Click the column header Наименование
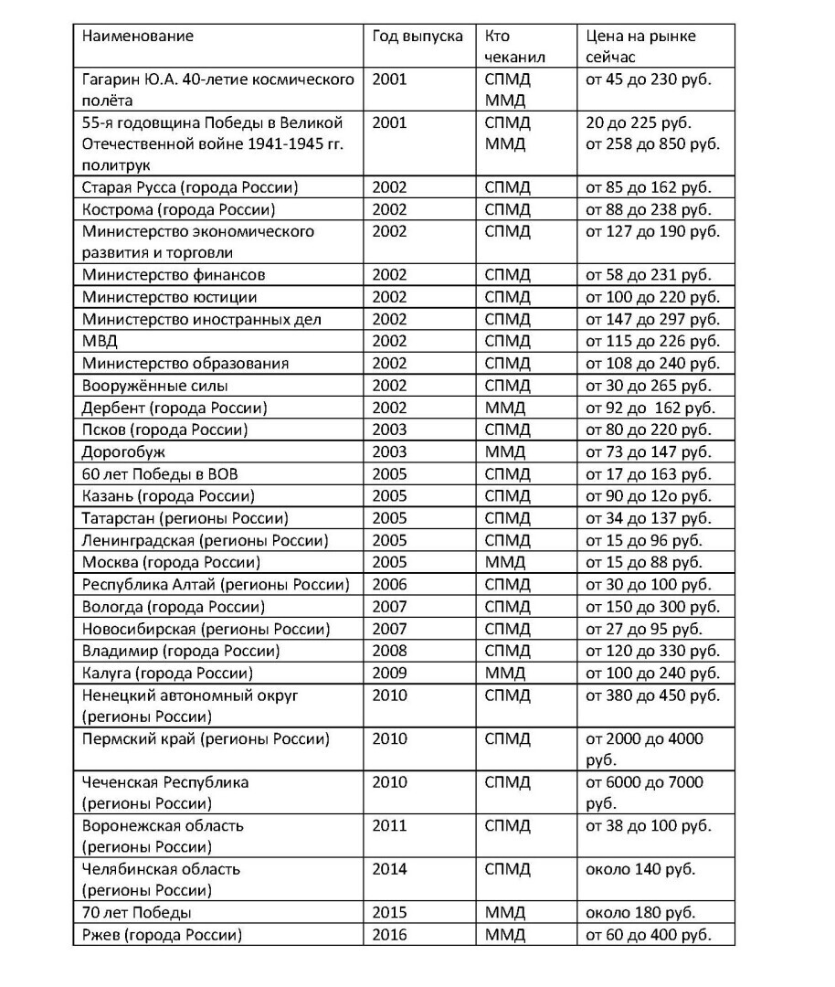click(138, 37)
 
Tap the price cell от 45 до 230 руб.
click(648, 80)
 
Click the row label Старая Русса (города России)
click(190, 188)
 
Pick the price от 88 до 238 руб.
click(648, 210)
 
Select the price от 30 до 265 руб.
click(648, 386)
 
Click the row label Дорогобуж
click(123, 451)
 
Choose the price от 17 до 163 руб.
click(648, 473)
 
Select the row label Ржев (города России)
click(162, 935)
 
